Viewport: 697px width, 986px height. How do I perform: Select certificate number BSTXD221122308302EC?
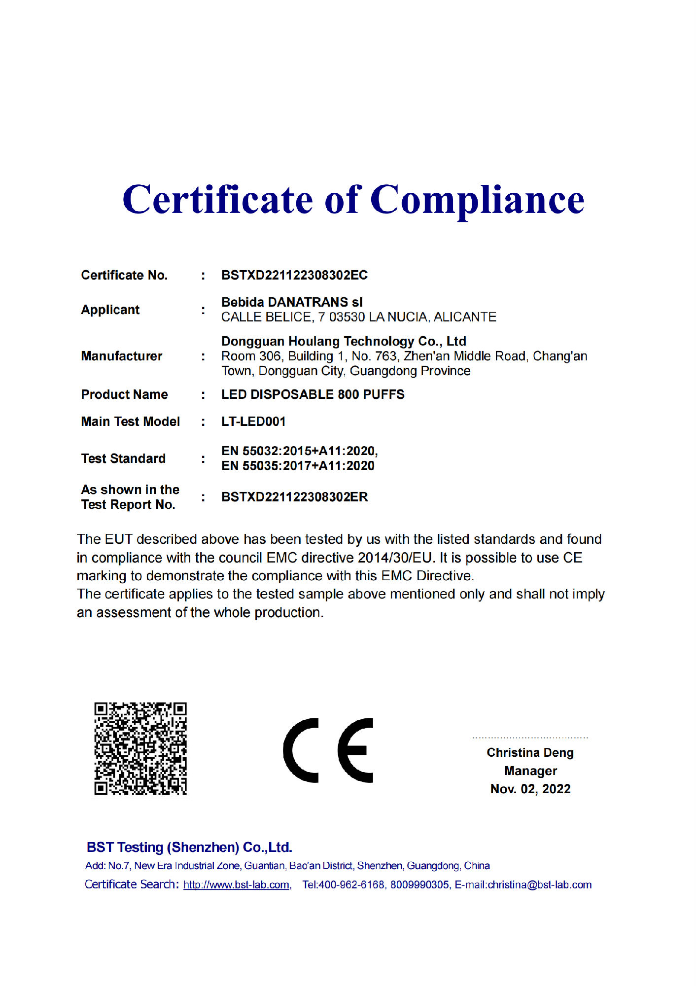click(x=294, y=275)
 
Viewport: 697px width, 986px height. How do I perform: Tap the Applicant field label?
click(x=110, y=310)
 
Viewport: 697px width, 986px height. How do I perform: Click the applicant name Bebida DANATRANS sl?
click(x=292, y=302)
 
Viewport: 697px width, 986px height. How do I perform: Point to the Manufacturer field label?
click(x=122, y=356)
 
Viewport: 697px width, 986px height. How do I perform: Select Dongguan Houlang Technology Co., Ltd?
click(x=344, y=341)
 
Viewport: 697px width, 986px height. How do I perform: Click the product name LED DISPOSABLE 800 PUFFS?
click(x=313, y=394)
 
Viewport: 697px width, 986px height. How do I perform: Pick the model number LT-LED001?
click(x=253, y=422)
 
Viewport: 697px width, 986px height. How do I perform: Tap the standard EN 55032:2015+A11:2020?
click(x=299, y=451)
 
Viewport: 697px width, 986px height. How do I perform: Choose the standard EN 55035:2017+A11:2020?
click(x=298, y=465)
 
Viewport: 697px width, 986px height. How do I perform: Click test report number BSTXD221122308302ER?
click(x=294, y=497)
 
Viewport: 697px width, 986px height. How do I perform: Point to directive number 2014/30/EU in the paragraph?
click(x=395, y=558)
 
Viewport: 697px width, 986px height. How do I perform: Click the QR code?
click(x=140, y=748)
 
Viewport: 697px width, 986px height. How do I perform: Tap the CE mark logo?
click(x=328, y=750)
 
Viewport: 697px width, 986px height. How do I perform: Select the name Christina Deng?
click(x=530, y=752)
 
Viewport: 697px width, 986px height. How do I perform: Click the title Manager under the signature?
click(x=530, y=771)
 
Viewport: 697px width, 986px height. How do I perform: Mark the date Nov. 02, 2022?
click(x=530, y=789)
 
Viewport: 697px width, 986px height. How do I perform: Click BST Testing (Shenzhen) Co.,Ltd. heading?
click(x=189, y=847)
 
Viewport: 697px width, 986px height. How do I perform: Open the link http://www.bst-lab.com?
click(x=236, y=885)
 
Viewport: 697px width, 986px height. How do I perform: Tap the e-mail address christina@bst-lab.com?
click(x=539, y=885)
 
